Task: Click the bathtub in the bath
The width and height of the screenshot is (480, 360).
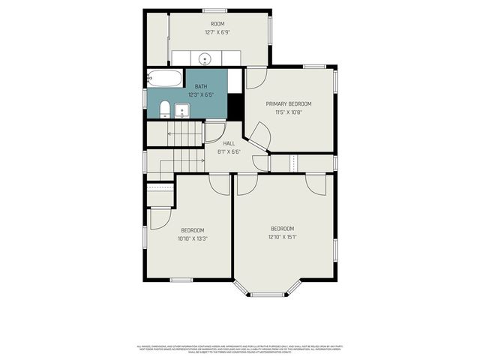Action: tap(164, 78)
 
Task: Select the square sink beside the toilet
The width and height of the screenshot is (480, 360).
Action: tap(181, 112)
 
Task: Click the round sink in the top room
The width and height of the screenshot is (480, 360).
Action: tap(205, 58)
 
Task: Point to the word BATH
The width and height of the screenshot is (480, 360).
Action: tap(201, 88)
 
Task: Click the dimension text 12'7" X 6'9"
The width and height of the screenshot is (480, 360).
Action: tap(217, 33)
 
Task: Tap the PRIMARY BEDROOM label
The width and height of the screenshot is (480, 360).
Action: tap(289, 103)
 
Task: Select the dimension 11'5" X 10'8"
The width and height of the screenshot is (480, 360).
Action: tap(289, 112)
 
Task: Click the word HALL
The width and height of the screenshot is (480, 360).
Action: tap(229, 143)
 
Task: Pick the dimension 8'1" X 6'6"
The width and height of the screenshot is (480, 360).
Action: tap(229, 151)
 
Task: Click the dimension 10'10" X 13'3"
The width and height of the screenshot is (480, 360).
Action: tap(193, 238)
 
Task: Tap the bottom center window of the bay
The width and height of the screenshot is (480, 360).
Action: tap(266, 295)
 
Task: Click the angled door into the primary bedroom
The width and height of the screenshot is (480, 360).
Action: tap(259, 135)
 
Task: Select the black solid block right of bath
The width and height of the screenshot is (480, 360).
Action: tap(235, 106)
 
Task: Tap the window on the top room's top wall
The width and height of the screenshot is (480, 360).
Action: tap(214, 10)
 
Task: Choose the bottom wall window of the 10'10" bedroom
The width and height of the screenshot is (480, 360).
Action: tap(181, 280)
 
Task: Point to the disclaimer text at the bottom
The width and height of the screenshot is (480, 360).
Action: tap(240, 349)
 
